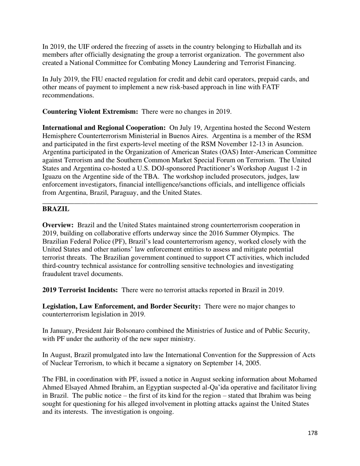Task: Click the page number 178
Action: [x=312, y=433]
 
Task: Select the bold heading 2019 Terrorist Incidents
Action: [x=80, y=290]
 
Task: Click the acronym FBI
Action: [x=63, y=380]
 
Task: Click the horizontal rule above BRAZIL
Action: [x=180, y=204]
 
